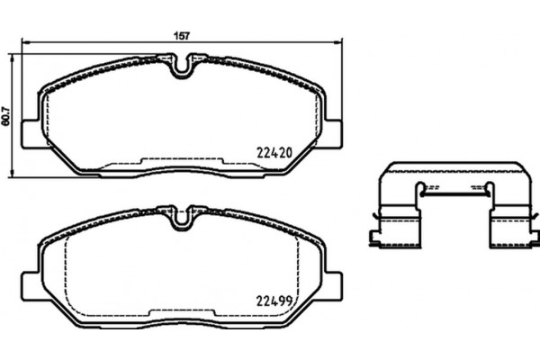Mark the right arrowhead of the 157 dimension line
[x=340, y=41]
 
